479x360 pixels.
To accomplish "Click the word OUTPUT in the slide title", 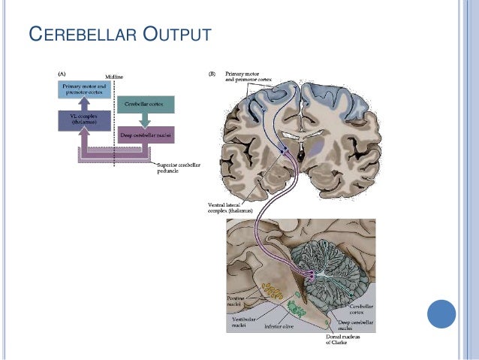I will coord(170,35).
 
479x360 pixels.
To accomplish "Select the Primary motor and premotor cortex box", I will coord(84,91).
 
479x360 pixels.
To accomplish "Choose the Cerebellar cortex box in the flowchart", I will coord(146,102).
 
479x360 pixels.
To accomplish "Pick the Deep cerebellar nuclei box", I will coord(146,135).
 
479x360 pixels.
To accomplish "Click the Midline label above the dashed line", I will coord(114,77).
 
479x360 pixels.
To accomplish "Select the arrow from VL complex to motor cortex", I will coord(84,105).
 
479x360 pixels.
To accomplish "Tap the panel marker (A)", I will coord(63,73).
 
